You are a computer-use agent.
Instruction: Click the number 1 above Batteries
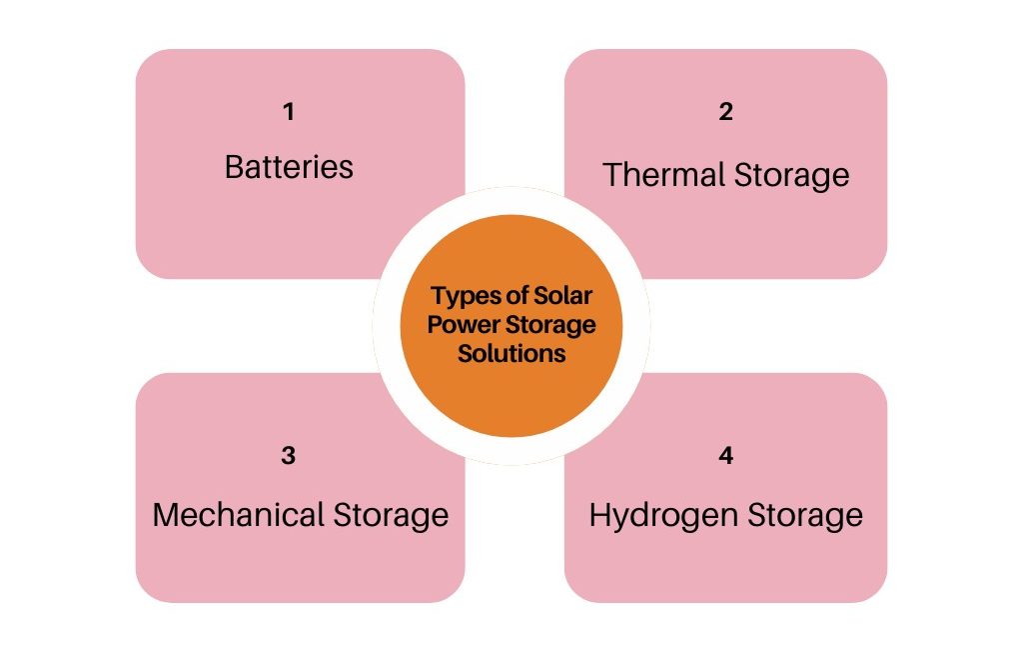tap(289, 112)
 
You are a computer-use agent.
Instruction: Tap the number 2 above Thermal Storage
tap(726, 112)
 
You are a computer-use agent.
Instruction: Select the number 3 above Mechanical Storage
tap(289, 456)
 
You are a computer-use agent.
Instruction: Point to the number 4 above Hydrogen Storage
tap(726, 456)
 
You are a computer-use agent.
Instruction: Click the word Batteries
tap(289, 166)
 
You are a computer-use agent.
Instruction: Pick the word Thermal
tap(663, 175)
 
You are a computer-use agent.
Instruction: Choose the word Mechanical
tap(239, 515)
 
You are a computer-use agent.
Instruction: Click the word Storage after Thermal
tap(791, 175)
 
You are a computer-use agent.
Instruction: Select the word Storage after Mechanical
tap(390, 515)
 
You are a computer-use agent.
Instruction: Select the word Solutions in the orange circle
tap(511, 353)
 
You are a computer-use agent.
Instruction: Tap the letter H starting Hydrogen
tap(599, 515)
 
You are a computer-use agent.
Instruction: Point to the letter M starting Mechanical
tap(167, 515)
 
